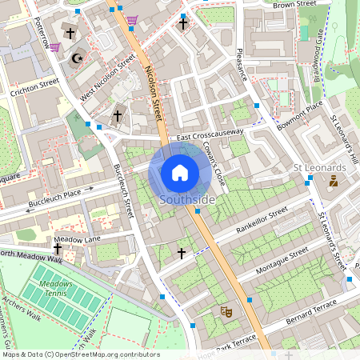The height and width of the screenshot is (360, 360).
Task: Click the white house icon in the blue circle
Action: point(180,172)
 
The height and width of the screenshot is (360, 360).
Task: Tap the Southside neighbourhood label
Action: point(186,199)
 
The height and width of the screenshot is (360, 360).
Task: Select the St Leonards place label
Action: point(319,167)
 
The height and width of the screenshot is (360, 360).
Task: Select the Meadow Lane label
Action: point(77,239)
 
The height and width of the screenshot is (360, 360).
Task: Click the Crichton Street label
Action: point(34,87)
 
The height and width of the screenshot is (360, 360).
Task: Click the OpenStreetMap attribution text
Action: point(80,354)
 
